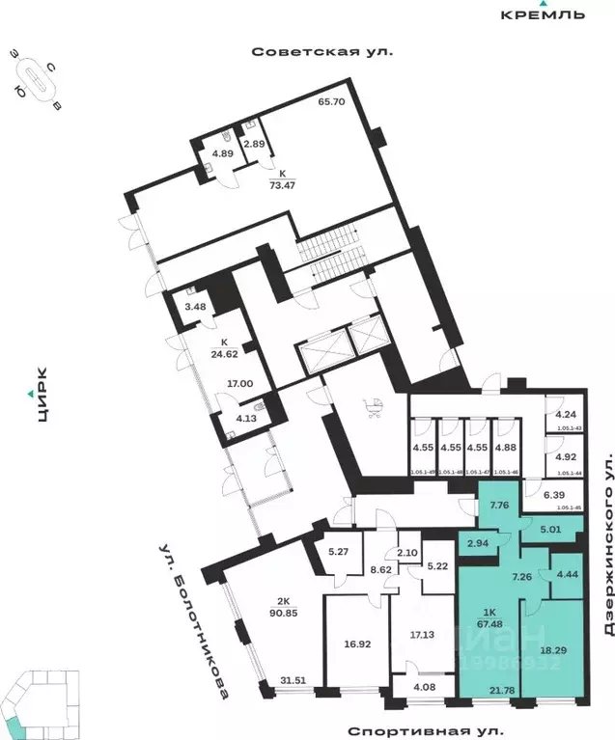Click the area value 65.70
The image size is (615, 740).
tap(332, 101)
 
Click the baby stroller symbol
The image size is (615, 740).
tap(373, 409)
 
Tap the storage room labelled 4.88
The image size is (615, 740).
tap(506, 447)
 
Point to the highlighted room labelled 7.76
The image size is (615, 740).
tap(500, 505)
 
